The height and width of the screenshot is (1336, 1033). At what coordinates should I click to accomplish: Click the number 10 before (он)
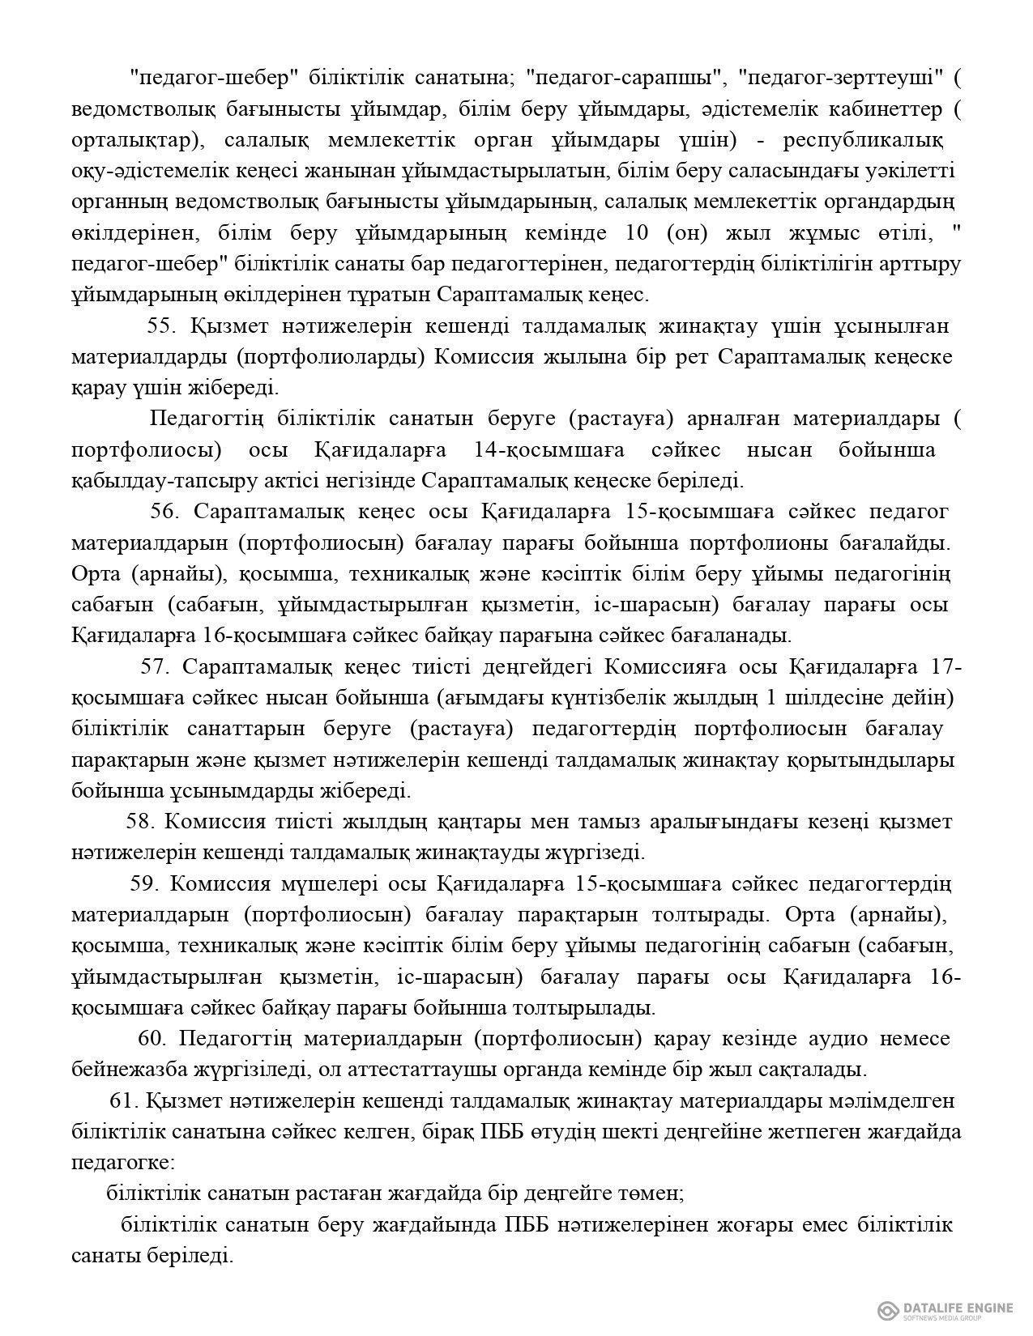click(638, 233)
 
